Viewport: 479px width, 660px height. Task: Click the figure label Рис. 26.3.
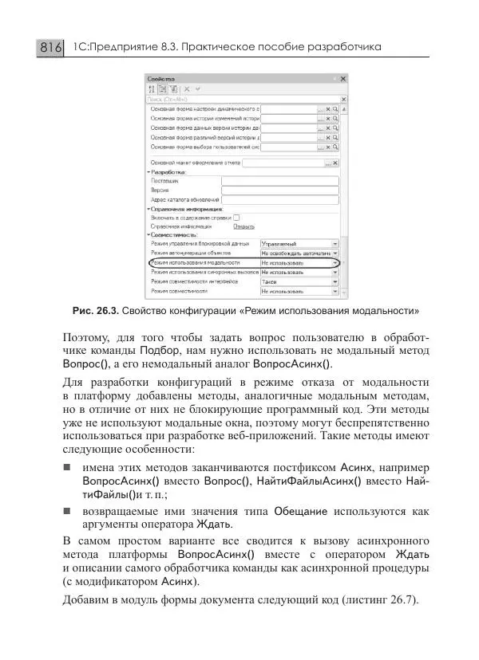pyautogui.click(x=95, y=310)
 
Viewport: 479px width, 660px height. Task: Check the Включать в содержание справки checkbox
pyautogui.click(x=236, y=217)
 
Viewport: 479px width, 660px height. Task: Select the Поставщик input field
pyautogui.click(x=279, y=181)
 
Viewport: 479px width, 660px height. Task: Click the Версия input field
pyautogui.click(x=279, y=191)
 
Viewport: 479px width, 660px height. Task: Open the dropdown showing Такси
pyautogui.click(x=299, y=281)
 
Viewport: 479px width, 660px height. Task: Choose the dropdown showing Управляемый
pyautogui.click(x=299, y=244)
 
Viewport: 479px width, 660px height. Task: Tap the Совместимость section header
pyautogui.click(x=174, y=235)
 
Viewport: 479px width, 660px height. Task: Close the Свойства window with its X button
pyautogui.click(x=342, y=80)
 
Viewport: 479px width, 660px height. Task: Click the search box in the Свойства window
pyautogui.click(x=239, y=99)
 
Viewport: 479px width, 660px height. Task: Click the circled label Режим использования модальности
pyautogui.click(x=195, y=262)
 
